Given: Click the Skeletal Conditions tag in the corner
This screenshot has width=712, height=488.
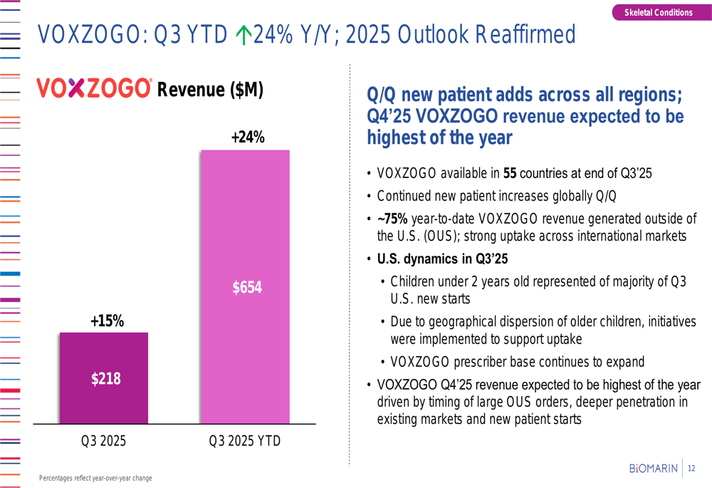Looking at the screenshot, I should click(x=658, y=12).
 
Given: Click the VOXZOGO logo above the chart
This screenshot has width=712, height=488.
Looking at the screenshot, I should click(x=94, y=88).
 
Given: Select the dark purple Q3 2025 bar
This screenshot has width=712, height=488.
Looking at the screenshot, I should click(x=104, y=378).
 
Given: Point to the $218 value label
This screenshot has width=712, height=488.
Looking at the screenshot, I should click(x=105, y=379).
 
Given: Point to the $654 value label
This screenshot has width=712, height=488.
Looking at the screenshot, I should click(x=247, y=287).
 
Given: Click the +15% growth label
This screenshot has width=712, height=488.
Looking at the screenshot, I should click(x=107, y=321).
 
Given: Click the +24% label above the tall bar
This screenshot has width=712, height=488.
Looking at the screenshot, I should click(x=248, y=137).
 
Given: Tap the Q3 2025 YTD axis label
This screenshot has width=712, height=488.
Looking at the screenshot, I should click(x=244, y=441).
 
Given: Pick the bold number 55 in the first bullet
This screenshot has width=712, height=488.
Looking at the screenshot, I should click(x=510, y=173).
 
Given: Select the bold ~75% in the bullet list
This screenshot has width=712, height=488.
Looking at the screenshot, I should click(x=392, y=219).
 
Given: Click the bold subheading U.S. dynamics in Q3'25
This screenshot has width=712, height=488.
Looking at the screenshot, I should click(x=441, y=259).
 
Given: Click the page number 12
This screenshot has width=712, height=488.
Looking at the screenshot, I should click(x=691, y=468).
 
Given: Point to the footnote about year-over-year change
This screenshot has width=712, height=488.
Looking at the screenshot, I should click(x=95, y=477).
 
